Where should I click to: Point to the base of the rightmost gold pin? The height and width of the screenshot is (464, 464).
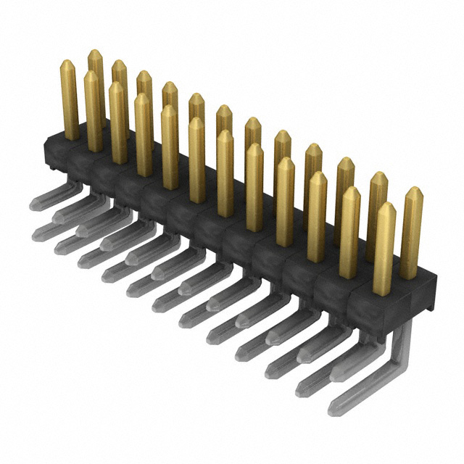click(410, 275)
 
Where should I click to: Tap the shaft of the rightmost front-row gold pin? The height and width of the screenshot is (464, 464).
click(384, 254)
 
